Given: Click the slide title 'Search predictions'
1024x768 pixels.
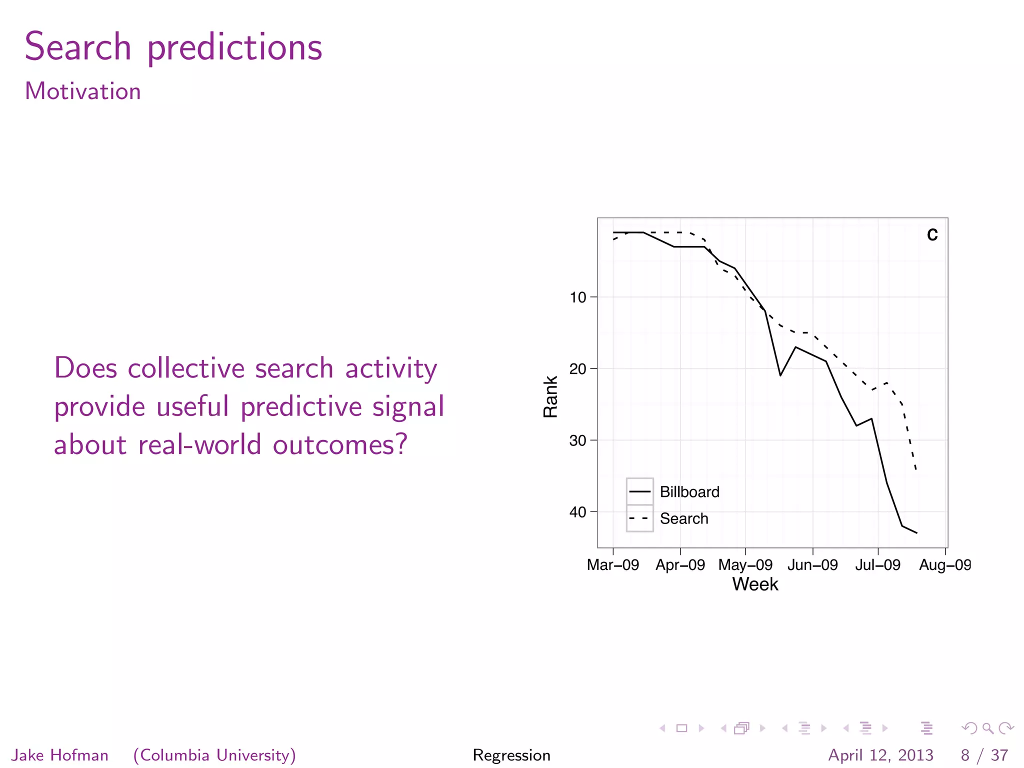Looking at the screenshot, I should click(173, 47).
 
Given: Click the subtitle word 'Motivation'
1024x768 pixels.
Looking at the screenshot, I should click(83, 91).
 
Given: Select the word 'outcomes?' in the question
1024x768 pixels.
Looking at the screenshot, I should click(340, 444).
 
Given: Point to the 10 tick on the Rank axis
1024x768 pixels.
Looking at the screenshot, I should click(578, 297).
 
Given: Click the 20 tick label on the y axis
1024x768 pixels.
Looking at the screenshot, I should click(578, 369).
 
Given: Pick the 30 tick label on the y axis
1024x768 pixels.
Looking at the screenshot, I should click(578, 440).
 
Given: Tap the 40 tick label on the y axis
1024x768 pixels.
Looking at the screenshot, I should click(578, 512).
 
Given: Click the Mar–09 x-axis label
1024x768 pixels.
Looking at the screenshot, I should click(613, 565).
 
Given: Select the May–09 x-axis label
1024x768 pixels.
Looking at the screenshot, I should click(745, 565).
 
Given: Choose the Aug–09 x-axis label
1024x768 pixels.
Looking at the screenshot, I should click(945, 565).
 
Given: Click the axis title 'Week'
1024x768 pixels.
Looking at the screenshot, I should click(755, 584).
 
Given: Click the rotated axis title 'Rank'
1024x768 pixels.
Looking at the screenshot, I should click(550, 396).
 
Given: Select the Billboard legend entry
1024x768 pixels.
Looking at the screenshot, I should click(689, 492).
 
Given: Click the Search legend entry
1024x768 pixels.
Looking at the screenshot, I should click(683, 518).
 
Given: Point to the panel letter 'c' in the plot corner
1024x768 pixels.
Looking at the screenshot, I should click(932, 234).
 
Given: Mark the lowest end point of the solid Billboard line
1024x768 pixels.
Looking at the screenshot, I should click(916, 533).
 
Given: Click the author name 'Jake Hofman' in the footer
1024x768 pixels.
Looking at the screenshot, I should click(60, 755).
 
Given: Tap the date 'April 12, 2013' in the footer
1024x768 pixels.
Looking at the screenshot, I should click(880, 755).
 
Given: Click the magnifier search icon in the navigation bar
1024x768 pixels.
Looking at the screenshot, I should click(987, 728).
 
